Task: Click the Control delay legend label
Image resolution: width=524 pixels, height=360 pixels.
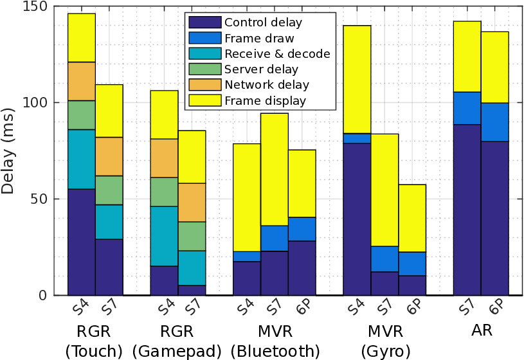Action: tap(263, 22)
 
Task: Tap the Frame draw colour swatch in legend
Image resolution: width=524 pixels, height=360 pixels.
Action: tap(204, 38)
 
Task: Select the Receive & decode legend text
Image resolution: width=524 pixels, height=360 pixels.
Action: tap(277, 53)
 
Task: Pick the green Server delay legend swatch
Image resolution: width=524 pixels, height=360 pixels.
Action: tap(204, 69)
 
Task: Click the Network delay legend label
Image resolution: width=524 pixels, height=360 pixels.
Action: tap(267, 85)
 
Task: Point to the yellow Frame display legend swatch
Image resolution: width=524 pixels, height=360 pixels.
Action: tap(204, 100)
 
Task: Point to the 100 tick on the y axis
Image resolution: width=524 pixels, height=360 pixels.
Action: tap(37, 103)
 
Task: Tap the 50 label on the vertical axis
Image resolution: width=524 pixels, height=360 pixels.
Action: tap(40, 199)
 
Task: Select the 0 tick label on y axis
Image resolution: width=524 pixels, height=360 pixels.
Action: tap(44, 295)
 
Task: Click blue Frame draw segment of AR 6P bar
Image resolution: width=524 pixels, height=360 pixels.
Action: tap(494, 122)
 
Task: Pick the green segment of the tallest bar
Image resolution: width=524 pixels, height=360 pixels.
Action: tap(82, 115)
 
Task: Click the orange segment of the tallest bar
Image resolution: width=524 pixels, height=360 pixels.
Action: tap(82, 81)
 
